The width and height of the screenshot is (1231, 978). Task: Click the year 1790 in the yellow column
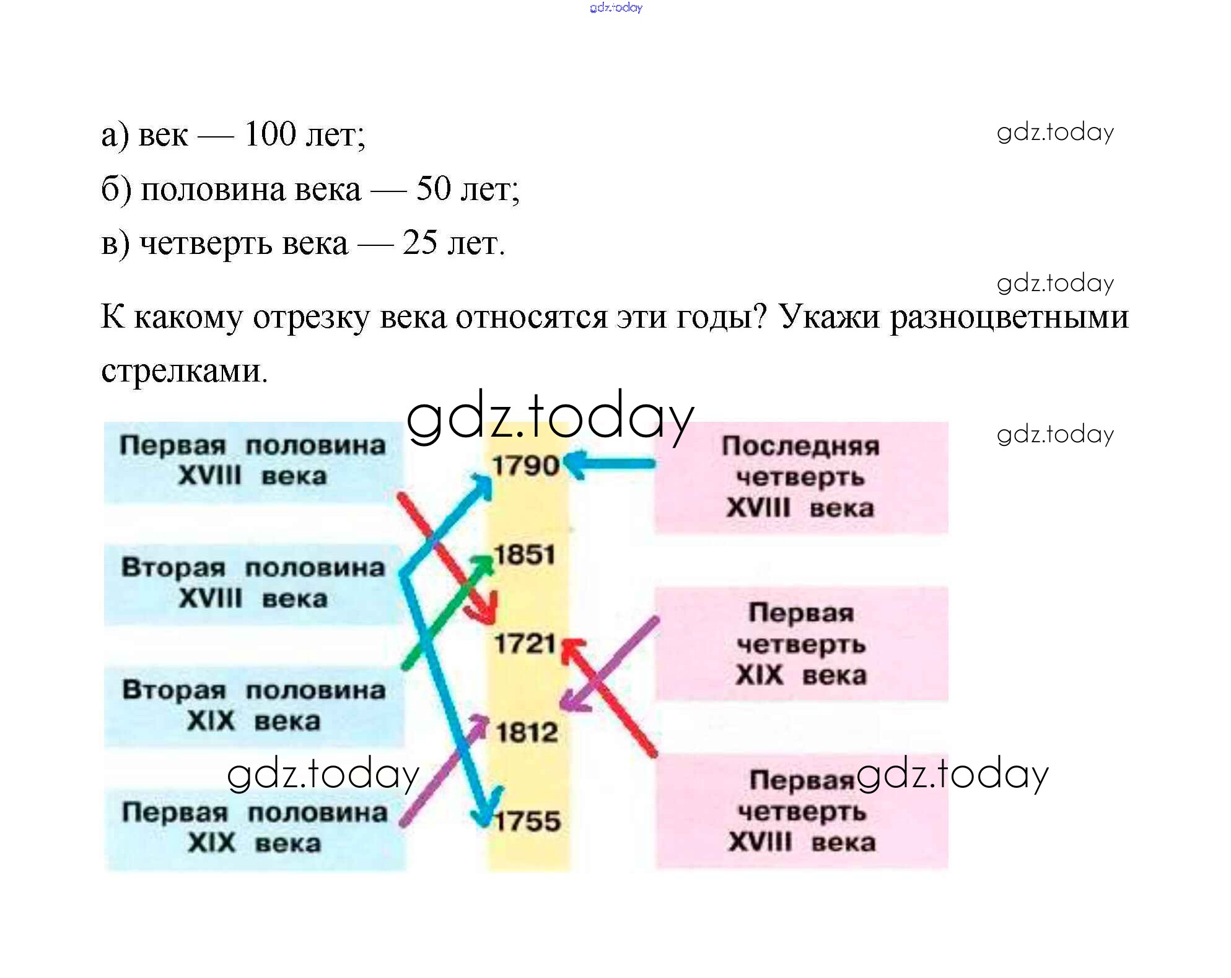click(x=525, y=466)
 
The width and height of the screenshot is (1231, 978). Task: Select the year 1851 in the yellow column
click(x=524, y=554)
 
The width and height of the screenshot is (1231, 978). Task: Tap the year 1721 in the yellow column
click(x=525, y=644)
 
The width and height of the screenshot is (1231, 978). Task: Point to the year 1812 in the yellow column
click(x=527, y=733)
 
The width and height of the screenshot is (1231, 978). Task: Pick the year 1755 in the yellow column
click(x=528, y=821)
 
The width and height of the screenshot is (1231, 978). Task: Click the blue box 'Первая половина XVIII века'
click(x=253, y=461)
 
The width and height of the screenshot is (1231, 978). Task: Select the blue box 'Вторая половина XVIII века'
click(x=253, y=583)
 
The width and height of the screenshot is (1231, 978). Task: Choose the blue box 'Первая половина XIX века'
click(x=255, y=828)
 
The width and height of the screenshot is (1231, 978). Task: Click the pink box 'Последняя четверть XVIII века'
click(x=800, y=477)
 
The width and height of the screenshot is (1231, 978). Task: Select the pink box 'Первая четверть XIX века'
click(x=800, y=644)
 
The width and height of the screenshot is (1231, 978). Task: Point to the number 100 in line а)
click(x=270, y=134)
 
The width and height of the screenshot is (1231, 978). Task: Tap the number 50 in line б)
click(x=433, y=188)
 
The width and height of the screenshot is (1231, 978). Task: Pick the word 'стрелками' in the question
click(x=184, y=370)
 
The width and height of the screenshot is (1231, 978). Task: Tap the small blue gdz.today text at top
click(x=616, y=7)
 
